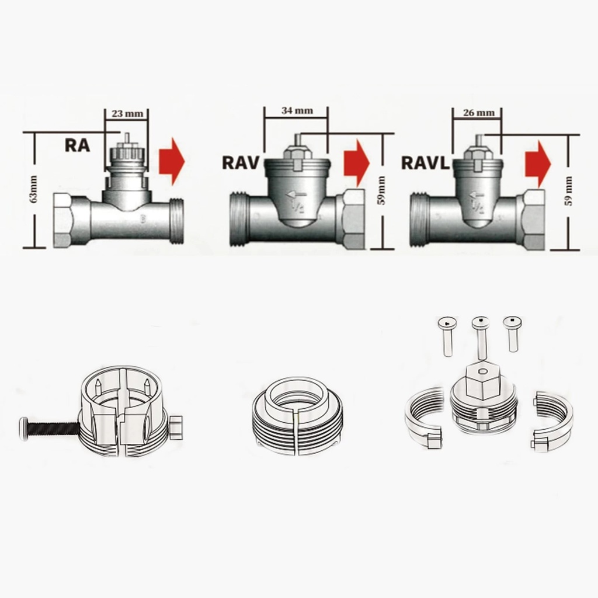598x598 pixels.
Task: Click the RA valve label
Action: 78,145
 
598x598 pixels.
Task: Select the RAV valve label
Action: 241,162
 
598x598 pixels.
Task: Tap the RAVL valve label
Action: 425,163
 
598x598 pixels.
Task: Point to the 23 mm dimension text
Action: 127,114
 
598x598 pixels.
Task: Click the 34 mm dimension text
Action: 297,110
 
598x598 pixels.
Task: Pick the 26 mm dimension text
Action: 479,113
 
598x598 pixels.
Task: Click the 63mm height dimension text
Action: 34,189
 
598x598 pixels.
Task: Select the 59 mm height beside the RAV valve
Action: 382,190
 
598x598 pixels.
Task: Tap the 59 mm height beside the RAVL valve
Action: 569,191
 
